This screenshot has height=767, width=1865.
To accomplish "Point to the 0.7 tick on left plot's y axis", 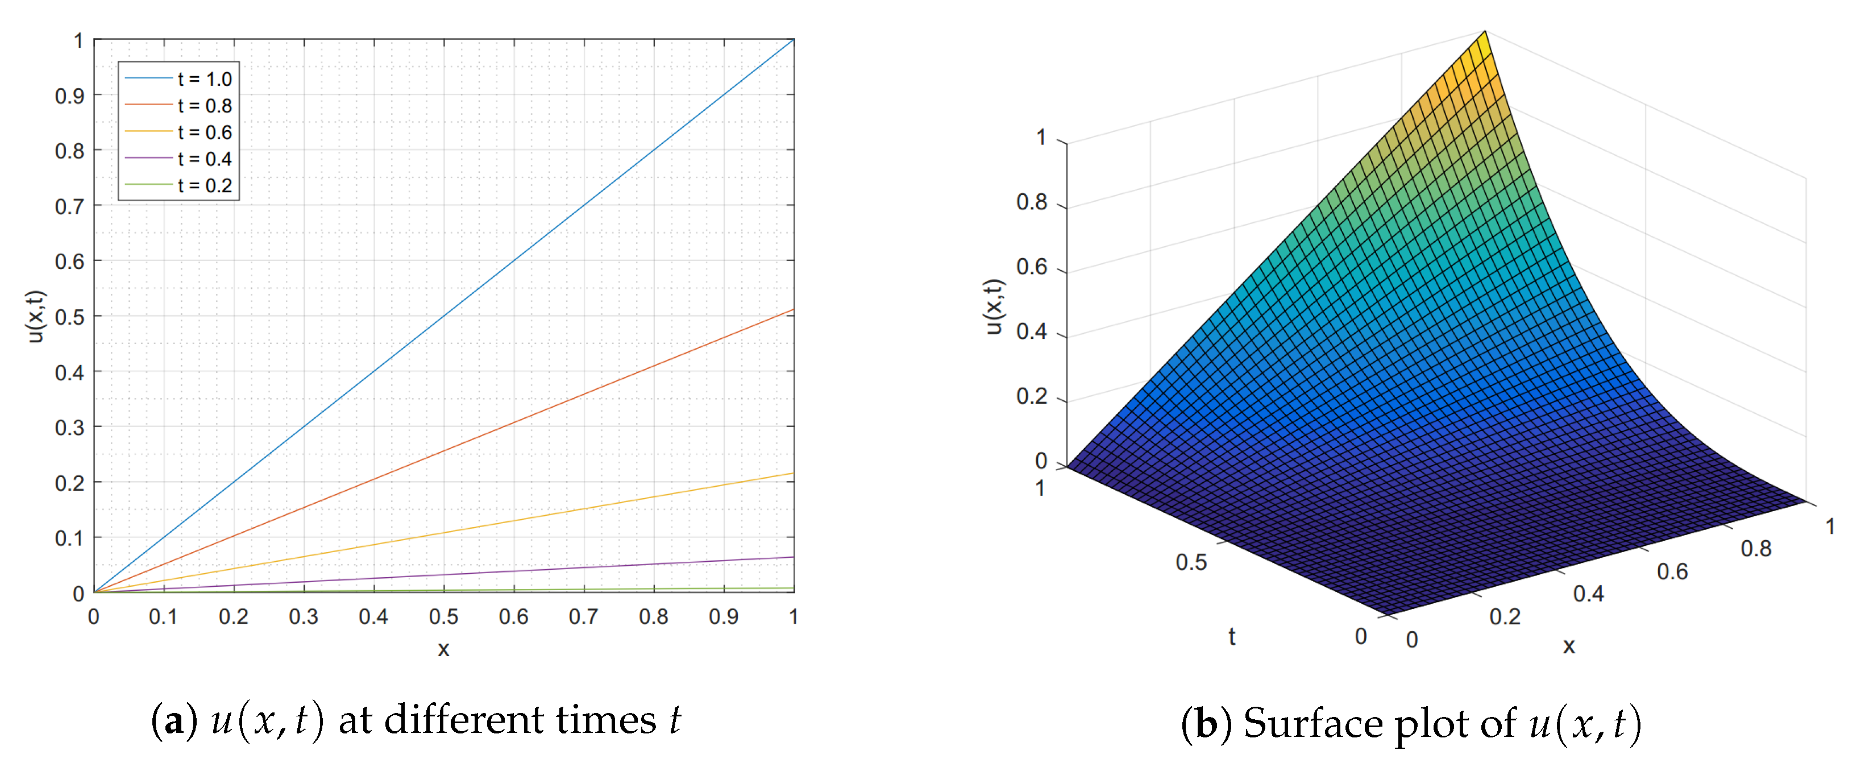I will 69,207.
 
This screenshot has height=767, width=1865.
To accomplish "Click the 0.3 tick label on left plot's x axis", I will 304,617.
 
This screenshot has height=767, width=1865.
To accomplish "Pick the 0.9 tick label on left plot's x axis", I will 723,617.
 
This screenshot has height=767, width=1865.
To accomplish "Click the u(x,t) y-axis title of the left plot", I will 35,317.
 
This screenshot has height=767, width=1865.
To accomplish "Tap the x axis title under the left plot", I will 443,649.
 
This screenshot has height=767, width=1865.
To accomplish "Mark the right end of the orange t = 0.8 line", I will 794,310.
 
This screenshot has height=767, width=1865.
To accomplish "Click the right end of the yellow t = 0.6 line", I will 794,474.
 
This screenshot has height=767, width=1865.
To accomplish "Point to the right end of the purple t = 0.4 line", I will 794,557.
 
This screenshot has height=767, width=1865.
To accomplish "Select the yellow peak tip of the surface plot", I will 1485,34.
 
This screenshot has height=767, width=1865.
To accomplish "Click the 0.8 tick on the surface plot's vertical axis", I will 1032,203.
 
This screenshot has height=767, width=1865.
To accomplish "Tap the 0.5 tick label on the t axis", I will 1191,563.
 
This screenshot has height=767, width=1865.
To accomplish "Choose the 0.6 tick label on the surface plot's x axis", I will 1672,572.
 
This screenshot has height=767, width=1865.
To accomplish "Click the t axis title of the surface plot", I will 1232,637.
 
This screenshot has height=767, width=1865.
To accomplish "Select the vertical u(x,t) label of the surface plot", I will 994,306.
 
